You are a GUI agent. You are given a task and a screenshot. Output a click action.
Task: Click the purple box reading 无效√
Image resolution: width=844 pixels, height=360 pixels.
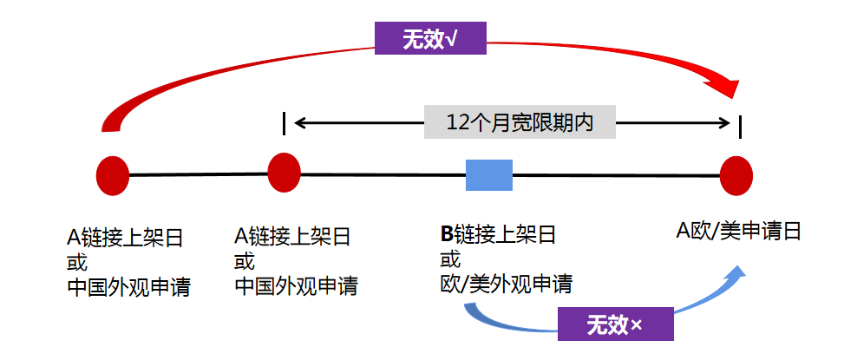(430, 38)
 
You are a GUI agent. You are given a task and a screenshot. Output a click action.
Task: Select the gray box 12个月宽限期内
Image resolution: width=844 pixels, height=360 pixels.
(520, 121)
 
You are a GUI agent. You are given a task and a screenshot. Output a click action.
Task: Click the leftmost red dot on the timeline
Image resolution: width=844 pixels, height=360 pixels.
(113, 175)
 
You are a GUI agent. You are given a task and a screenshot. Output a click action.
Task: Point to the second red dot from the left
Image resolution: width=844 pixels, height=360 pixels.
(285, 172)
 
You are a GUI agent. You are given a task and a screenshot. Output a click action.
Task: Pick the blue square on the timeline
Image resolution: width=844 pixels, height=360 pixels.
(489, 174)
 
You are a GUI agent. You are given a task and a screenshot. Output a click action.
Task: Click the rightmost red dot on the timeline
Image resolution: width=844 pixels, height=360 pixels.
(736, 176)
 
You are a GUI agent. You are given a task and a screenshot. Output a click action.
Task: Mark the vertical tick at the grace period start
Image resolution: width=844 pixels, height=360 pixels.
(284, 122)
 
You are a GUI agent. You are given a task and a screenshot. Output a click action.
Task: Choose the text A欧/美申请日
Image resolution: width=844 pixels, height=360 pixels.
(738, 231)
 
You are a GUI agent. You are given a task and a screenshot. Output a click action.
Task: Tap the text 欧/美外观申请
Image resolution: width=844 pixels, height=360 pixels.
(506, 284)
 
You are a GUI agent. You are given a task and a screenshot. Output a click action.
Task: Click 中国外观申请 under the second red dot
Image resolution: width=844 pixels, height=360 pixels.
(295, 285)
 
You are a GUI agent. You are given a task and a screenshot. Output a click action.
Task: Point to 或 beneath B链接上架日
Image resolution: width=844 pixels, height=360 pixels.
(450, 259)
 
